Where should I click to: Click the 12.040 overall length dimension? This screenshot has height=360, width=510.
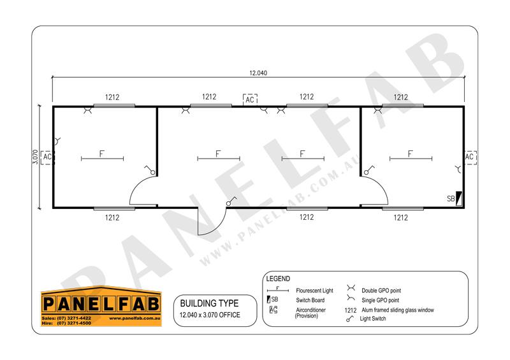click(258, 73)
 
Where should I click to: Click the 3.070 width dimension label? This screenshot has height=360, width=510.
click(36, 157)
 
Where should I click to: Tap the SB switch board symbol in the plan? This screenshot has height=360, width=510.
click(459, 198)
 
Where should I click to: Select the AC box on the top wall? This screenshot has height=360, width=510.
click(250, 99)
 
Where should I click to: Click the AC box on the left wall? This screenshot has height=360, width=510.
click(47, 157)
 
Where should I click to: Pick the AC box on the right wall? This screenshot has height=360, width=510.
click(470, 157)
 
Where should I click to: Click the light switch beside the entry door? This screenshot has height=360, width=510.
click(231, 201)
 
